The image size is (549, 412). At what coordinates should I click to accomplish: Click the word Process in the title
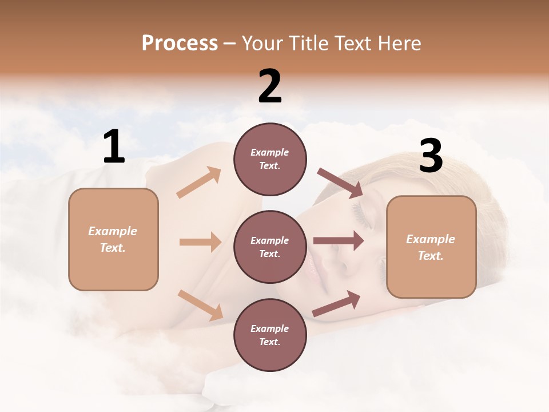pyautogui.click(x=180, y=43)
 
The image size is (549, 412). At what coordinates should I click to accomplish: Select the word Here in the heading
pyautogui.click(x=399, y=43)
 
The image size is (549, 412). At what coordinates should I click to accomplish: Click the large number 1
pyautogui.click(x=114, y=147)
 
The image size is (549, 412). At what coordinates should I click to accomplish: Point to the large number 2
pyautogui.click(x=270, y=86)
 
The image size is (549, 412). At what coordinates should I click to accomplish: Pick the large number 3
pyautogui.click(x=431, y=156)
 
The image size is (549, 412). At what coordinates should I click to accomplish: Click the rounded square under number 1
pyautogui.click(x=113, y=239)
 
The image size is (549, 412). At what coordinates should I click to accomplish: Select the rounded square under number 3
pyautogui.click(x=431, y=247)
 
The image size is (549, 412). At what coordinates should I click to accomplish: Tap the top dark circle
pyautogui.click(x=270, y=159)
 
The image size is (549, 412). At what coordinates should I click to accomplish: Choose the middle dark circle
pyautogui.click(x=270, y=247)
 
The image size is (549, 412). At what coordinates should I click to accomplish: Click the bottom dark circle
pyautogui.click(x=270, y=335)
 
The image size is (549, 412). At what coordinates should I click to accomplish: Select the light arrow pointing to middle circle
pyautogui.click(x=200, y=242)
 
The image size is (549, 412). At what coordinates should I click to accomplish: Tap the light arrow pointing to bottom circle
pyautogui.click(x=200, y=305)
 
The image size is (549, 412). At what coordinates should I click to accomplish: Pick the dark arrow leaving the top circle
pyautogui.click(x=340, y=183)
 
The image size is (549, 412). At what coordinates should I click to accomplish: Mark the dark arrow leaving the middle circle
pyautogui.click(x=339, y=240)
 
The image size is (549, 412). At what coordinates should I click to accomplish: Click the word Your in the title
pyautogui.click(x=262, y=43)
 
